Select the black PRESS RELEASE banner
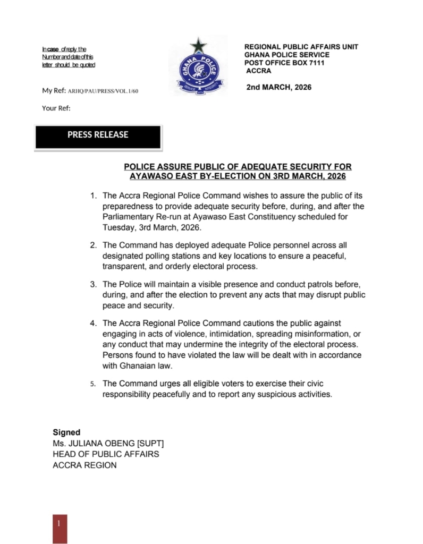point(98,136)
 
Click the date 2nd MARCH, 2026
point(279,87)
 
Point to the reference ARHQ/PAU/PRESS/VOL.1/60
point(103,91)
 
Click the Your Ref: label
point(56,108)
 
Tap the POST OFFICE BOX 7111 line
point(284,63)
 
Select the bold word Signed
point(66,432)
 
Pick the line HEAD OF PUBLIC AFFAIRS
point(106,454)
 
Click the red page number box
point(60,528)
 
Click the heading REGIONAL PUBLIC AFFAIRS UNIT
point(301,47)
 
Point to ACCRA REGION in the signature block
point(84,465)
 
